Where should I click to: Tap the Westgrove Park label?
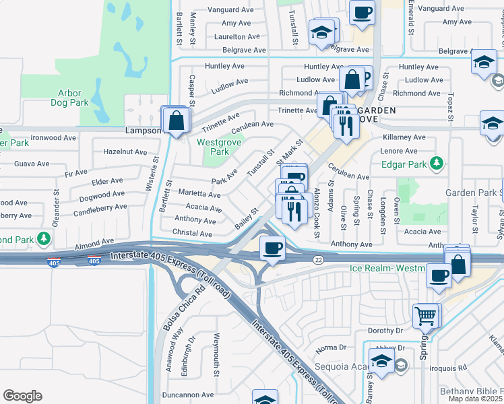[x=214, y=147]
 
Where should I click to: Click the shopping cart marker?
[x=425, y=314]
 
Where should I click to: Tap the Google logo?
[x=22, y=396]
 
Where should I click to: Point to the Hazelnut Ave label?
[x=125, y=152]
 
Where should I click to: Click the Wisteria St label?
[x=156, y=172]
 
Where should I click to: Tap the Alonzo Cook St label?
[x=316, y=212]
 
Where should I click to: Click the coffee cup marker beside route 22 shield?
[x=272, y=248]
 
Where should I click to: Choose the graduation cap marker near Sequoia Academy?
[x=381, y=363]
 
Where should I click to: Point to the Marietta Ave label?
[x=199, y=194]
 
